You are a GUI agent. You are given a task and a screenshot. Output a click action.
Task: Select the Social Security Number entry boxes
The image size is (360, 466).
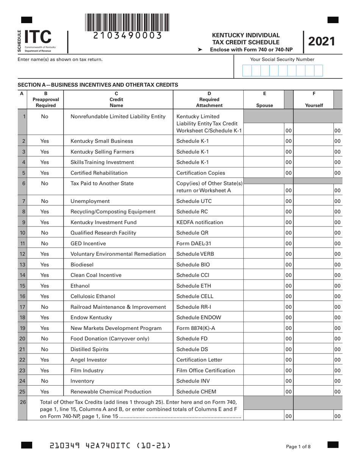(x=282, y=70)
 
